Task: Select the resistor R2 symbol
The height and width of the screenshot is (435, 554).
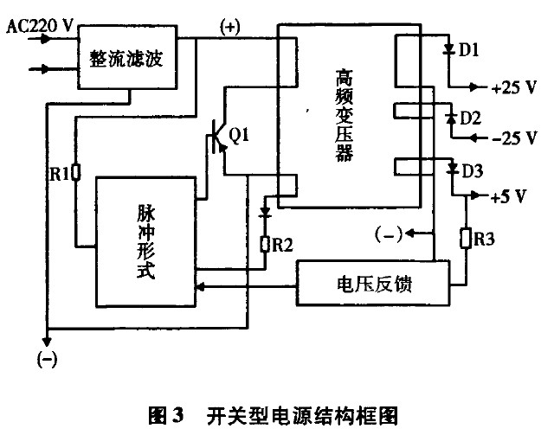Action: (266, 245)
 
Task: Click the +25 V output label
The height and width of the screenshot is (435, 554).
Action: (513, 88)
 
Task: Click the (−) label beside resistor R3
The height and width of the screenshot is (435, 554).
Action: (389, 233)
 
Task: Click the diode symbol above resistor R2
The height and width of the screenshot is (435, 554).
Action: (266, 211)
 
